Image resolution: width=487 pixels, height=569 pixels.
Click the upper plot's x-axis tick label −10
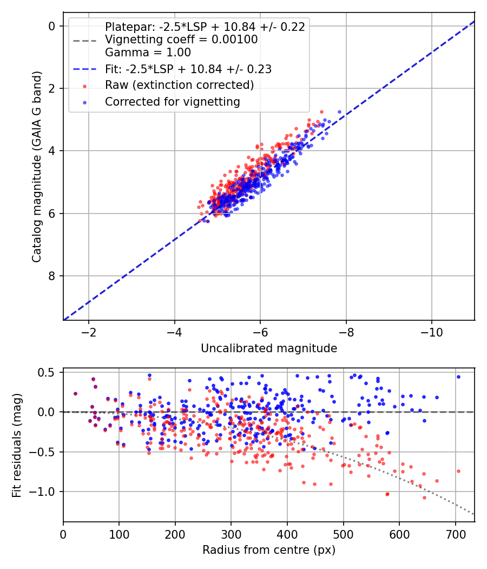coord(432,332)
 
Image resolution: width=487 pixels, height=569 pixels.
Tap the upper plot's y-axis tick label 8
coord(52,276)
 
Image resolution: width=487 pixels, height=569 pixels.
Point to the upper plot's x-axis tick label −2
coord(89,332)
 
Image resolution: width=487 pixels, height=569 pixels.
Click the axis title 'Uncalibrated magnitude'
coord(269,348)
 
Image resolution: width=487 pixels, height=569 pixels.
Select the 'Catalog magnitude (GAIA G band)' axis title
coord(37,166)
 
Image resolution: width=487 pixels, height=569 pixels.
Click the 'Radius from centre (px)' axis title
coord(269,550)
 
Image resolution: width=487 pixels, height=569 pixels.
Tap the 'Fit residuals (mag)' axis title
coord(16,445)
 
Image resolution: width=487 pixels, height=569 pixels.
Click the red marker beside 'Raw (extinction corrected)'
coord(85,86)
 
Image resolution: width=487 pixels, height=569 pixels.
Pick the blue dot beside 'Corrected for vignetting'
coord(85,103)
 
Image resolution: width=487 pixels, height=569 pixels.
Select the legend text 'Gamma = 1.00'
coord(148,53)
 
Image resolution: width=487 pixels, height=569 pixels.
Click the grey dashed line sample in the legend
coord(85,41)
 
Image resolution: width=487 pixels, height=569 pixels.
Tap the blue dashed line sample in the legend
coord(85,69)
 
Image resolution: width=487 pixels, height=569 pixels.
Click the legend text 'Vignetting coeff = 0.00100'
coord(181,40)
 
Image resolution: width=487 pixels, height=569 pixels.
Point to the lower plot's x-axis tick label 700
coord(456,534)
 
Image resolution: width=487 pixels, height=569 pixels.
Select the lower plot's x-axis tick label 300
coord(231,534)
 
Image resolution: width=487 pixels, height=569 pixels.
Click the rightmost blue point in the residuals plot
coord(458,377)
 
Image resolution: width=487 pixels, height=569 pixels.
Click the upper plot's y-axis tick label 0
coord(52,26)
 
